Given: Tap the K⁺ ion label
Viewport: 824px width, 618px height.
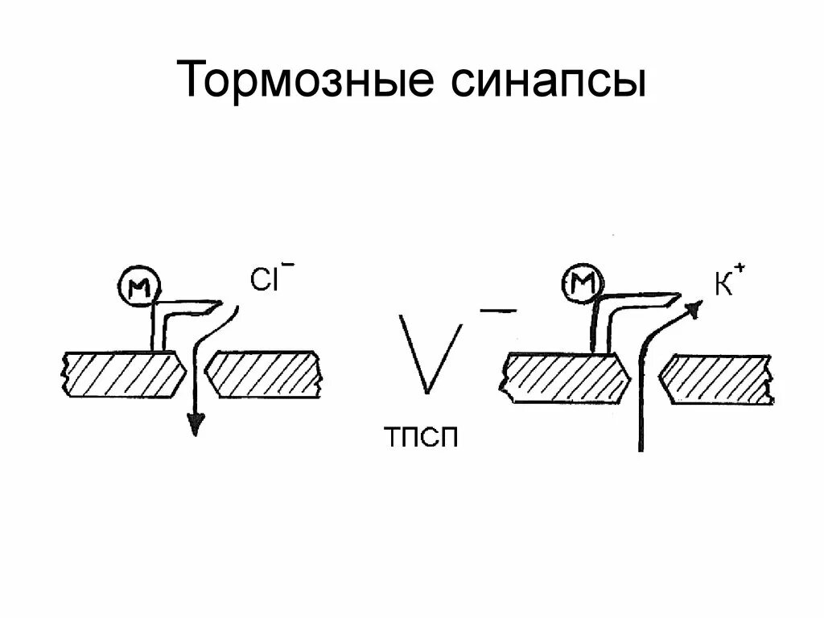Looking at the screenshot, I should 723,283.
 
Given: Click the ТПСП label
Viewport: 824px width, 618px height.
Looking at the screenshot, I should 422,440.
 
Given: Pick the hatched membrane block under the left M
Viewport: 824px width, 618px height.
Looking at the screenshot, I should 126,374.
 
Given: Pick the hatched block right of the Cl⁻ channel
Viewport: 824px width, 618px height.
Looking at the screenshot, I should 265,374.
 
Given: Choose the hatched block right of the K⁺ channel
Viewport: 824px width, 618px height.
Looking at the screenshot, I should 717,378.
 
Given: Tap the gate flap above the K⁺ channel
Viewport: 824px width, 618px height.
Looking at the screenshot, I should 644,304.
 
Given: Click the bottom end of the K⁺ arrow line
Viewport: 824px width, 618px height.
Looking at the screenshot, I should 641,447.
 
